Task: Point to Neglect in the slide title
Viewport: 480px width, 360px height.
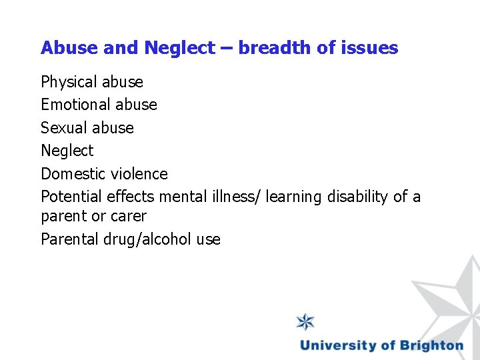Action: [x=179, y=48]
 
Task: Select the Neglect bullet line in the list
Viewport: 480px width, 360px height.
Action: [x=67, y=151]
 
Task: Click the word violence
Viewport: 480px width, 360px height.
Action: [x=139, y=174]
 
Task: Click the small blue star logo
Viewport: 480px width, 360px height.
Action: [x=306, y=322]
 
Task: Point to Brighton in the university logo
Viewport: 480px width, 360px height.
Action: [x=431, y=345]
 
